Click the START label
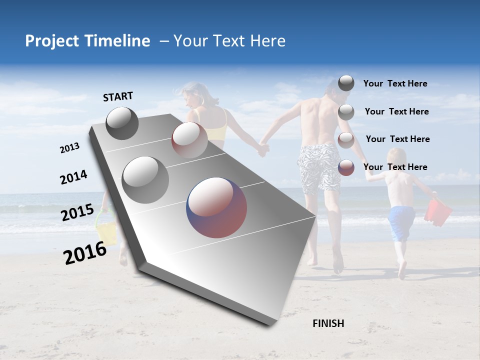118,96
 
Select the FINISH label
328,323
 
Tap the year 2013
69,147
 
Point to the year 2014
73,177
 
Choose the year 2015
77,212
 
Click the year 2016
85,253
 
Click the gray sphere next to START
122,123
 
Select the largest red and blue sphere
216,207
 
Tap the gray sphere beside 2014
145,179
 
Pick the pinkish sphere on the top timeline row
189,139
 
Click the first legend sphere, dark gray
346,83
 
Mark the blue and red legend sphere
346,167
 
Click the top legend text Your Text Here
395,84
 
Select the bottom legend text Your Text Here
395,167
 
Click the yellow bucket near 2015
106,233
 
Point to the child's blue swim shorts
401,222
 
